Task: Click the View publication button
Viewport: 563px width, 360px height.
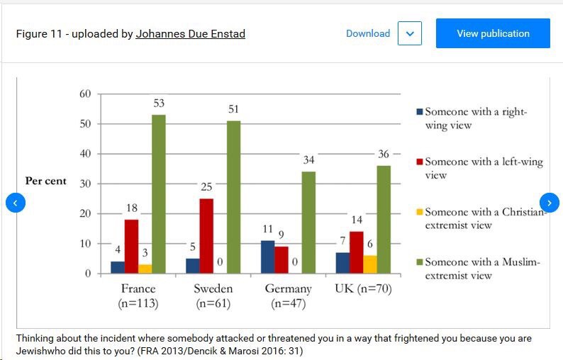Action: (x=493, y=33)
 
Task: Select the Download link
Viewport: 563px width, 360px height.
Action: (x=367, y=33)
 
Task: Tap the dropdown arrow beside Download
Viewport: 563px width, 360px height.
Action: (x=410, y=33)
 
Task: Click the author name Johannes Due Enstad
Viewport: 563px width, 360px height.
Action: (x=190, y=33)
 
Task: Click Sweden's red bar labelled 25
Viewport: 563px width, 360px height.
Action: (x=206, y=235)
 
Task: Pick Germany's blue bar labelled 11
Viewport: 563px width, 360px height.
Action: (x=267, y=257)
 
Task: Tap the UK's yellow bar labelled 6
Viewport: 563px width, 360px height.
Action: (x=369, y=264)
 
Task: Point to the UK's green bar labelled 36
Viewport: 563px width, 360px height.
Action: (x=384, y=219)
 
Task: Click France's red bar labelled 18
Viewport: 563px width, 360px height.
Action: (x=130, y=246)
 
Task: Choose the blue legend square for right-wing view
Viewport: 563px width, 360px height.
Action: (x=419, y=112)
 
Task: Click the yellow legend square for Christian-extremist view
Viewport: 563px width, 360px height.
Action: (x=419, y=212)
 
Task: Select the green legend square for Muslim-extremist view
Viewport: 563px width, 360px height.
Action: (x=419, y=262)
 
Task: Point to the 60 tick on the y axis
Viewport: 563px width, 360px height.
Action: (x=84, y=94)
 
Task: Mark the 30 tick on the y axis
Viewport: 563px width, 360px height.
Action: (x=84, y=184)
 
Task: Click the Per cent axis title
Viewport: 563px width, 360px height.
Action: (x=45, y=181)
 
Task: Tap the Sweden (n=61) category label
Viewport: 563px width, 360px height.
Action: (x=213, y=296)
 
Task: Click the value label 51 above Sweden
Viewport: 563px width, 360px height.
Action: (x=233, y=108)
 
